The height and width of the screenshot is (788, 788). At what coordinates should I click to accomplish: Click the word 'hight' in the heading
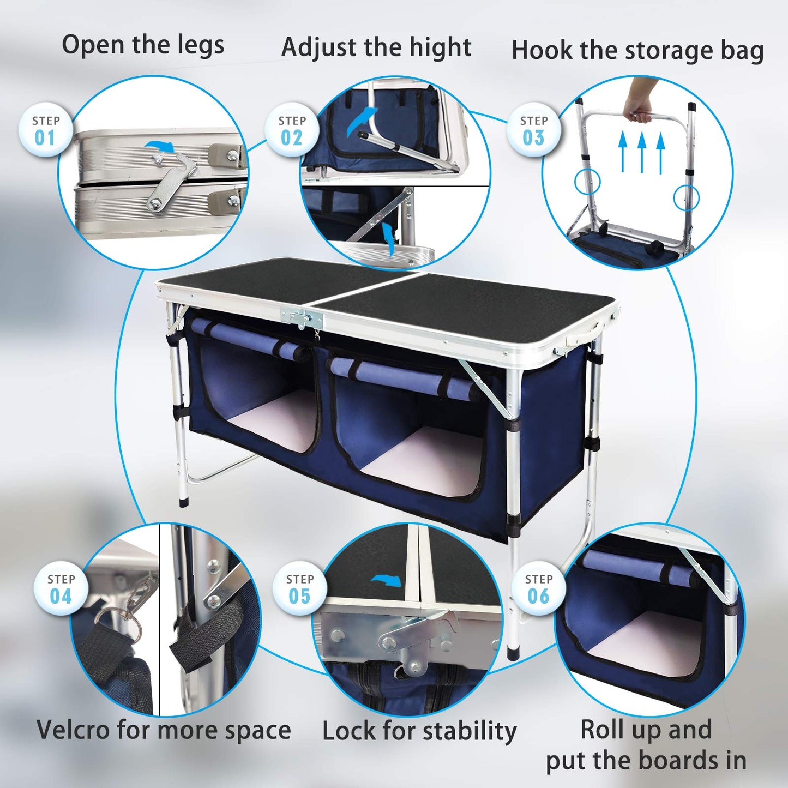tap(440, 47)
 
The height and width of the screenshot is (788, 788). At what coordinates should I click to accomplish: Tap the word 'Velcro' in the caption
tap(73, 730)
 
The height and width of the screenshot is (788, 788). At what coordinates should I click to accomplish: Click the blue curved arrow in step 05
tap(388, 581)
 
